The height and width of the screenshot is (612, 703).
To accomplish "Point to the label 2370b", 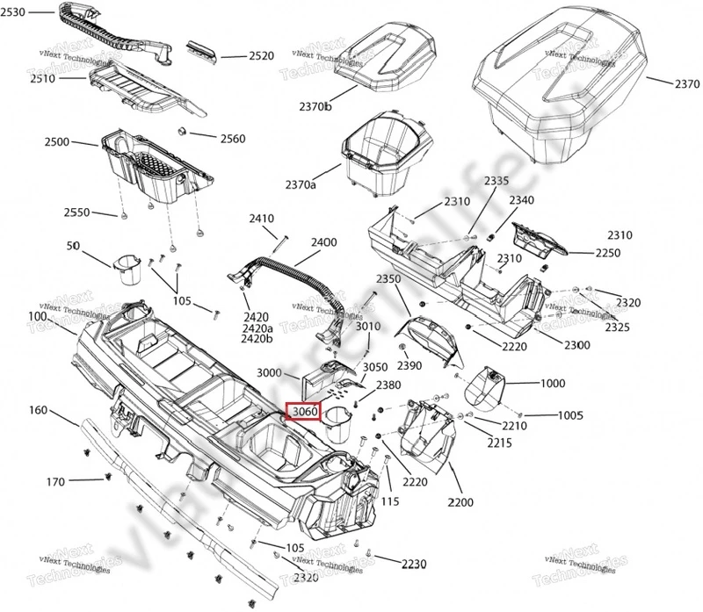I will coord(313,106).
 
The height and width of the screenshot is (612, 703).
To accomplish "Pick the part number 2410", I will coord(263,219).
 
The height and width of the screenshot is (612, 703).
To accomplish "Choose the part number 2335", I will coord(496,181).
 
